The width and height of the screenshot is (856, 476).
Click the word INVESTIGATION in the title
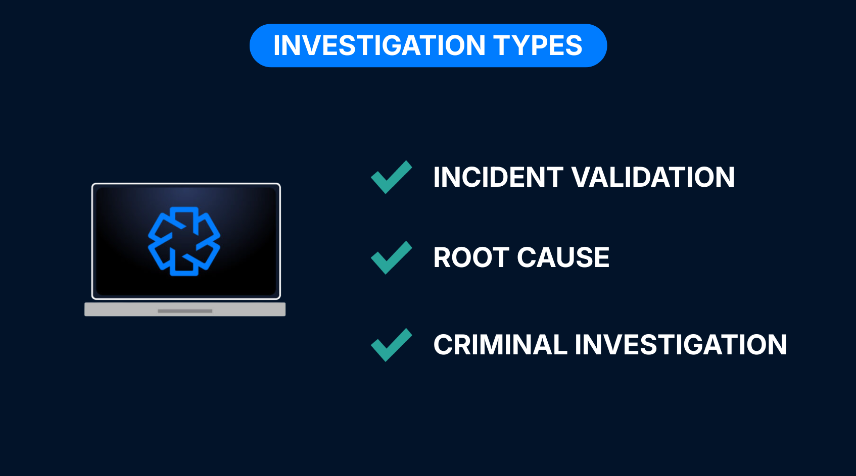[x=379, y=45]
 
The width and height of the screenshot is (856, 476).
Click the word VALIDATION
[x=653, y=177]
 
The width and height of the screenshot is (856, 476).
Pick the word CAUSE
[x=563, y=257]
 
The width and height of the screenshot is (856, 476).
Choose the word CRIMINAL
[x=500, y=345]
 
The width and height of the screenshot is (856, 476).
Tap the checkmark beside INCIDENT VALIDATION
[x=391, y=177]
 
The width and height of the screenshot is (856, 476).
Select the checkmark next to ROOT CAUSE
[x=391, y=257]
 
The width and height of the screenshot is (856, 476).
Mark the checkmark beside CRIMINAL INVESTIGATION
[x=391, y=345]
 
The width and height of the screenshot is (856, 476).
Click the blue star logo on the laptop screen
[x=184, y=241]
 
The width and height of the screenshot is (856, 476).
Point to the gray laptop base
[x=185, y=309]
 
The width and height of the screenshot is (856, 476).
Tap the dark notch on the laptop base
[x=185, y=311]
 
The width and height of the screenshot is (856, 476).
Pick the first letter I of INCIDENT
[x=437, y=177]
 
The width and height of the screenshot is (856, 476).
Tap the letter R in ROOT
[x=443, y=257]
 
